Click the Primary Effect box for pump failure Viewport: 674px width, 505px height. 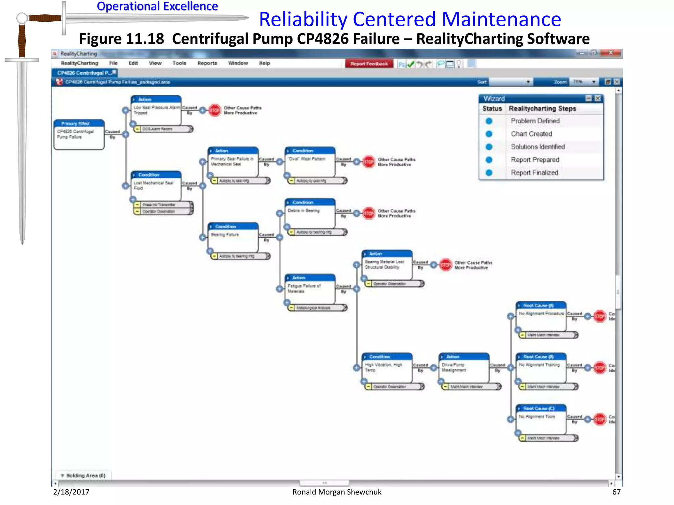coord(79,134)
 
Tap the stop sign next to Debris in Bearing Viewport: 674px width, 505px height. coord(369,213)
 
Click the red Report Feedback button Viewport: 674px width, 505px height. coord(369,64)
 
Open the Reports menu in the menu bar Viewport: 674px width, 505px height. coord(207,63)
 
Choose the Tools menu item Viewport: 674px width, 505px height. coord(179,63)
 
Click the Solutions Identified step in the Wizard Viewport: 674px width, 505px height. coord(538,147)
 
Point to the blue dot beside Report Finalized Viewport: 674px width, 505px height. coord(489,173)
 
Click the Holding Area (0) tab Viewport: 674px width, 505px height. coord(84,475)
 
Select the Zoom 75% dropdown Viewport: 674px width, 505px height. coord(584,82)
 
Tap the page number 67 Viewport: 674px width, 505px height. coord(616,492)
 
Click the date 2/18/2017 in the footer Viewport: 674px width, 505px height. coord(71,492)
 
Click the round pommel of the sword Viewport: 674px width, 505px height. coord(22,18)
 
